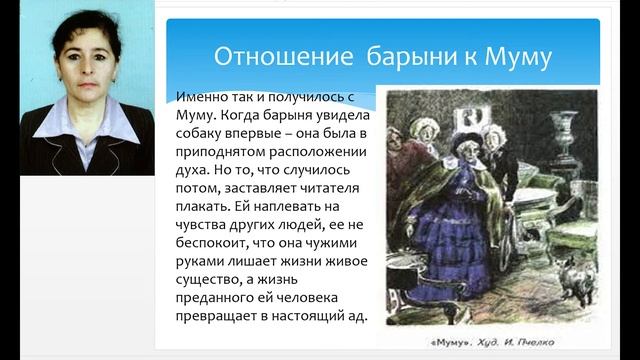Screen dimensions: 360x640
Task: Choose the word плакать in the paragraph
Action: pos(205,206)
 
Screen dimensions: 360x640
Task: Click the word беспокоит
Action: pos(212,243)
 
